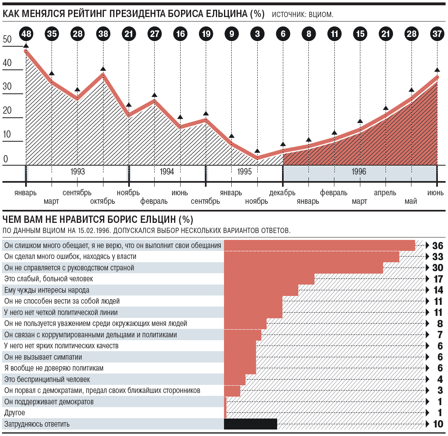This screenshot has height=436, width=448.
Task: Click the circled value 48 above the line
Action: (x=26, y=34)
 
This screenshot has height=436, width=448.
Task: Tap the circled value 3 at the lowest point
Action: (x=257, y=34)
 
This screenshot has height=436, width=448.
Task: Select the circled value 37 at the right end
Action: (x=437, y=34)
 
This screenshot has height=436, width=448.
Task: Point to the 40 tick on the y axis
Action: (x=7, y=63)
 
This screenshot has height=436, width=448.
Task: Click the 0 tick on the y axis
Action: (x=6, y=159)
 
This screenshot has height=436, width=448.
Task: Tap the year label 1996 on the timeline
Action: (x=359, y=172)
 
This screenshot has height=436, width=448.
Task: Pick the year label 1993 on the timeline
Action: (x=77, y=172)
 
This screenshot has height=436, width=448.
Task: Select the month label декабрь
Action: (x=282, y=193)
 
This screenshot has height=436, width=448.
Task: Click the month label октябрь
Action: (x=103, y=201)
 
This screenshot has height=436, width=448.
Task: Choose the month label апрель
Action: (x=385, y=193)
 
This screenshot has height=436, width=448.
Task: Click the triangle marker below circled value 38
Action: (x=103, y=69)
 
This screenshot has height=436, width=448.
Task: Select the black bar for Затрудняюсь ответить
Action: (x=250, y=424)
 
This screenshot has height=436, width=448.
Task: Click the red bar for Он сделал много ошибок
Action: (x=311, y=257)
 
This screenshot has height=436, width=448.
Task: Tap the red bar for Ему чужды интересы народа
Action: (x=261, y=290)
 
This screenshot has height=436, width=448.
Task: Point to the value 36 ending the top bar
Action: (x=437, y=246)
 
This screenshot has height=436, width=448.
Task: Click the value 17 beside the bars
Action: (x=437, y=279)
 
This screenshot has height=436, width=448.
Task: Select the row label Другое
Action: (x=14, y=413)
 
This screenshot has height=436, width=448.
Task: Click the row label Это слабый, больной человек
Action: (x=48, y=279)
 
